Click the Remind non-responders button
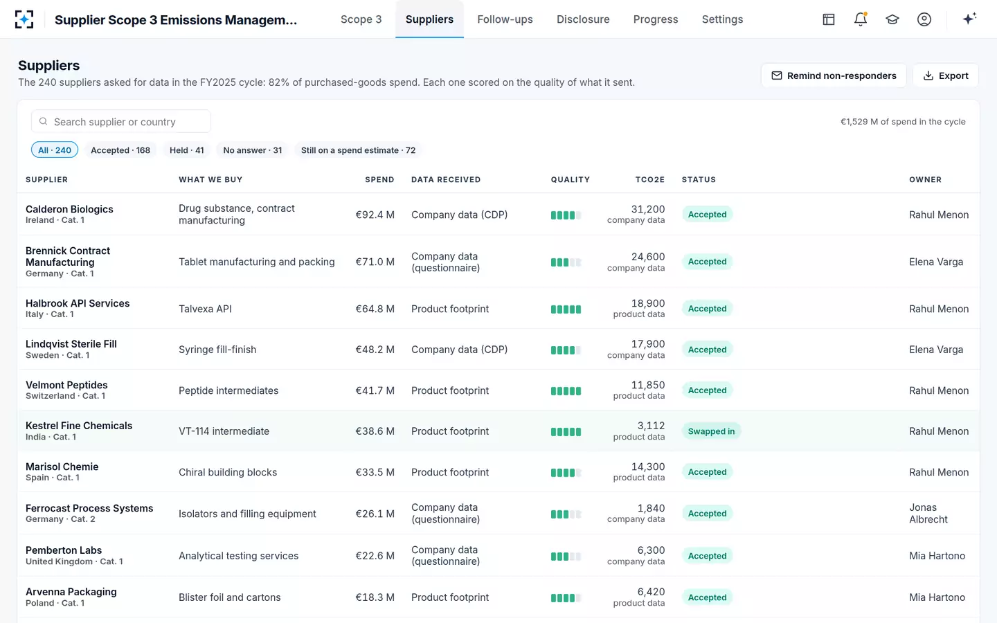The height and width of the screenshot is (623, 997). (834, 75)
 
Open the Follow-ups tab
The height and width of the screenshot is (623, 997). (505, 19)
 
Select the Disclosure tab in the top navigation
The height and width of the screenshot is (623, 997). (583, 19)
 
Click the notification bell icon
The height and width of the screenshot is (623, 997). (861, 19)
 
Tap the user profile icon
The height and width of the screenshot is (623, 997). (924, 19)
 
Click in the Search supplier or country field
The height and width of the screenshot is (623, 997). (121, 122)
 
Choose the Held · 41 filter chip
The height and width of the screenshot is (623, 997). (186, 150)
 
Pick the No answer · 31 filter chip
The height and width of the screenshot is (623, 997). (252, 150)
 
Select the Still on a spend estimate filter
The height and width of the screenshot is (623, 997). (358, 150)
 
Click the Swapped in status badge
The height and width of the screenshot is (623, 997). (711, 431)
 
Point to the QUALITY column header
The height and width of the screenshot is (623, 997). (571, 179)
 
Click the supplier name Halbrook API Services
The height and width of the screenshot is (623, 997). (78, 303)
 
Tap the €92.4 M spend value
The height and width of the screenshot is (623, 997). (375, 215)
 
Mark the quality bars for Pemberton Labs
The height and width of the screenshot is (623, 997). (566, 557)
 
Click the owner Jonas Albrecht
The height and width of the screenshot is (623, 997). (928, 513)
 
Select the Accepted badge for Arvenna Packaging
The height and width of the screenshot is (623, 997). (708, 597)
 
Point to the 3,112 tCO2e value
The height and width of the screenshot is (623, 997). (651, 426)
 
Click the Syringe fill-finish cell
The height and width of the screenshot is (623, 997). (217, 350)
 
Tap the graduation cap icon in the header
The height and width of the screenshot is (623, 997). (892, 19)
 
